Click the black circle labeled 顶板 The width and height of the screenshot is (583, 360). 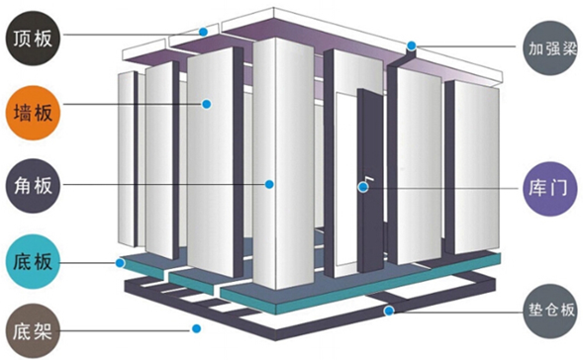point(33,39)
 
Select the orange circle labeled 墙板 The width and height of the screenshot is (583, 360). point(33,113)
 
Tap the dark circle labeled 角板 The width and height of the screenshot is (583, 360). point(33,186)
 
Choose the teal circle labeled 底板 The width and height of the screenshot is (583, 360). point(33,261)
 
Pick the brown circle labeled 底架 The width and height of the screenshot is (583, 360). point(33,331)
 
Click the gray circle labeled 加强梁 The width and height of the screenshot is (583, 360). point(549,47)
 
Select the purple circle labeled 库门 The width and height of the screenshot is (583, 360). point(549,188)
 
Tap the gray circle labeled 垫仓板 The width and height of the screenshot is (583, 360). point(549,311)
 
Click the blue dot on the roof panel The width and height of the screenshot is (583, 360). point(203,32)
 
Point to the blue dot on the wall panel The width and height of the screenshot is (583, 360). point(207,105)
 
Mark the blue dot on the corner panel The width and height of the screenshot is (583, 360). point(269,184)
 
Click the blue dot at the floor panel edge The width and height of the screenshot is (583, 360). point(120,263)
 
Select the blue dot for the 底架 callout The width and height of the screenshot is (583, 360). point(197,328)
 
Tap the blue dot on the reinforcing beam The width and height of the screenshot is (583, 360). point(411,46)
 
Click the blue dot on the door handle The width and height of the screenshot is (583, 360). point(363,187)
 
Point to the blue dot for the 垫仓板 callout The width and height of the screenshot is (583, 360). point(389,311)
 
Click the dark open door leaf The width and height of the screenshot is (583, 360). point(370,181)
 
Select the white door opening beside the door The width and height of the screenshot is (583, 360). point(346,178)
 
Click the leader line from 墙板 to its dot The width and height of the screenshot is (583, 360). point(133,105)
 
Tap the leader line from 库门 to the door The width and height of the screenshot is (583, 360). point(442,188)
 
